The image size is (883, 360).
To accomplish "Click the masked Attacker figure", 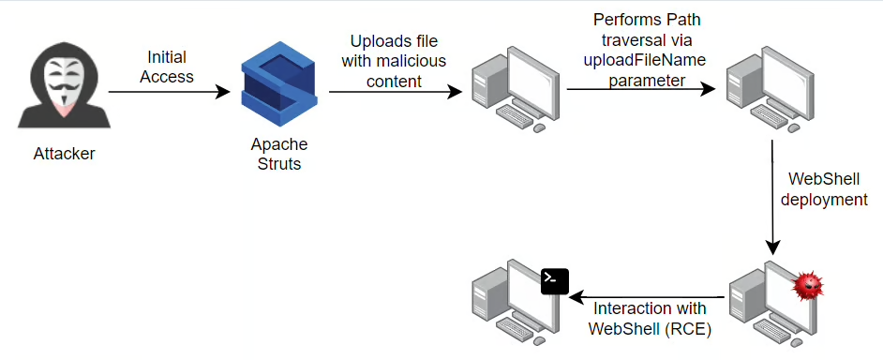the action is [64, 85].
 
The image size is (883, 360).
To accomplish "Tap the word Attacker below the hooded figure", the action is [64, 153].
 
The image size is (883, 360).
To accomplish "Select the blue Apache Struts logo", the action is [279, 84].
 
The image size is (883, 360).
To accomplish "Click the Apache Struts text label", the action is [279, 155].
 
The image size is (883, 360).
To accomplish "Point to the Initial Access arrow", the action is [170, 92].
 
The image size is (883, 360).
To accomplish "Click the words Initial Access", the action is [167, 67].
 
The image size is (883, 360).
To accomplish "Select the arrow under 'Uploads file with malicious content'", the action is [396, 92].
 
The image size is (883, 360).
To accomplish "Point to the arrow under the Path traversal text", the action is [641, 89].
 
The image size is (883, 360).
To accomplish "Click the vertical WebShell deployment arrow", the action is [772, 198].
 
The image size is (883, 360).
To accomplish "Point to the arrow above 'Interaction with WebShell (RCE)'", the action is [647, 297].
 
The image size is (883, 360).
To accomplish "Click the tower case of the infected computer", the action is [742, 305].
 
